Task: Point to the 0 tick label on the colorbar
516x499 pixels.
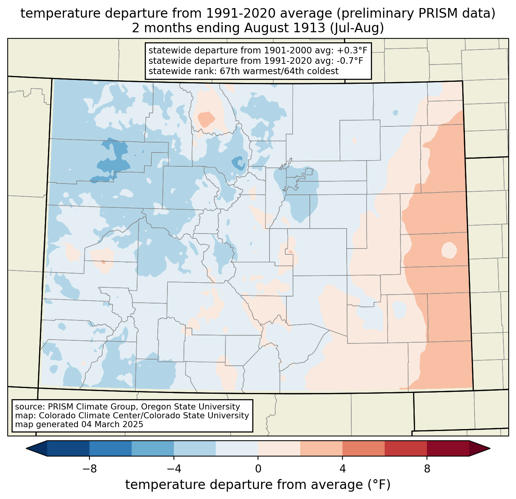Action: pos(258,469)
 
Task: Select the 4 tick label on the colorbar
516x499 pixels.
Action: pos(342,469)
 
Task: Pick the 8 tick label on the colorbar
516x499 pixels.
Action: pos(427,469)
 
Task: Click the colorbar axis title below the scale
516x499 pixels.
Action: pos(258,485)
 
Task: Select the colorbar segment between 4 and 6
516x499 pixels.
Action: pos(364,448)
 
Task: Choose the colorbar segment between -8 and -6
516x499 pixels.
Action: pos(111,448)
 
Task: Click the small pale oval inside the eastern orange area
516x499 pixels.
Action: pos(449,250)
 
